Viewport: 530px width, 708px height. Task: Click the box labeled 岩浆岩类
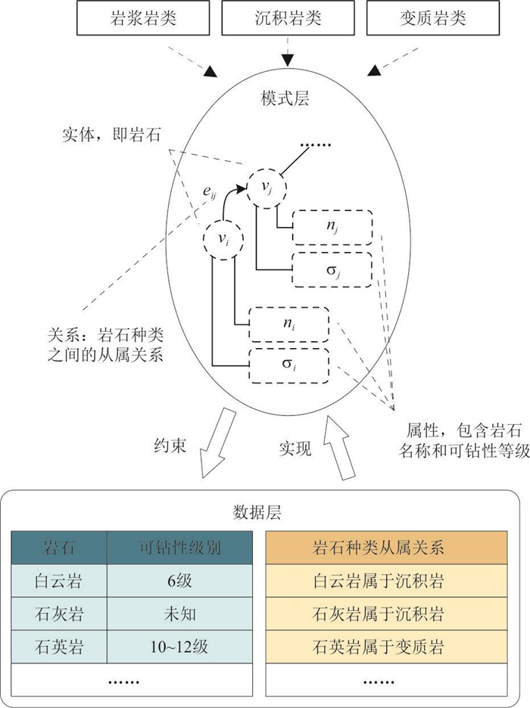click(x=143, y=18)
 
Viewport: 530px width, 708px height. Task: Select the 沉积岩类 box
click(x=288, y=18)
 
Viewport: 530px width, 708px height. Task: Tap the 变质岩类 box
click(x=433, y=18)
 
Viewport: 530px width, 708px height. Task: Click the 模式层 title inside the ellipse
click(x=285, y=98)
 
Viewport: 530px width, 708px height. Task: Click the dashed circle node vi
click(x=223, y=239)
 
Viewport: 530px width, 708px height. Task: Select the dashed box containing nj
click(x=332, y=227)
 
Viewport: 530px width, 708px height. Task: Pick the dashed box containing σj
click(x=332, y=269)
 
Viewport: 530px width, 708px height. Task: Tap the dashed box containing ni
click(x=289, y=324)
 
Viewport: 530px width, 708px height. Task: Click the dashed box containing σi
click(x=289, y=366)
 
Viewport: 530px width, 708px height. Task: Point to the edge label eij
click(x=209, y=192)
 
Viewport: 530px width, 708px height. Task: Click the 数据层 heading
click(x=257, y=513)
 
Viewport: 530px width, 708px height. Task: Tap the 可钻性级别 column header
click(x=180, y=548)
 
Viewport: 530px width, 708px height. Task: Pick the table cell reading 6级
click(x=180, y=581)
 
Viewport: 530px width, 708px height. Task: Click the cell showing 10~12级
click(x=180, y=647)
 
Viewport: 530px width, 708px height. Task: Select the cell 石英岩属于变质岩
click(x=378, y=647)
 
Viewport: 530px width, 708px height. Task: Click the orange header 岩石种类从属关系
click(x=378, y=548)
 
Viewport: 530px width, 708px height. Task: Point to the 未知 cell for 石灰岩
click(x=180, y=613)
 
